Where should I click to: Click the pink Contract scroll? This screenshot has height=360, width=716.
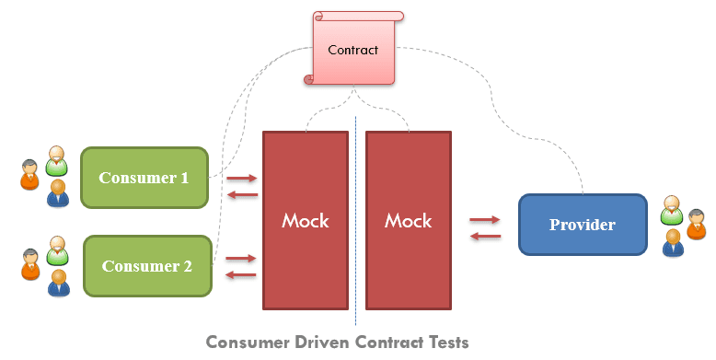coord(353,50)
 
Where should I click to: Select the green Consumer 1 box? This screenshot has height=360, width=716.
coord(144,178)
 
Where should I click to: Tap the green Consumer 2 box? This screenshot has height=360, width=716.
coord(147,266)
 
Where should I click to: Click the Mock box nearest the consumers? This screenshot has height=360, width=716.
coord(306,220)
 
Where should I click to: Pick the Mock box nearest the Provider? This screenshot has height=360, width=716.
coord(408,220)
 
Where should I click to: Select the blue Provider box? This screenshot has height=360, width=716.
coord(582,225)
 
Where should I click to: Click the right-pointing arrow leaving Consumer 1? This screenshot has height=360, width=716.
coord(241,178)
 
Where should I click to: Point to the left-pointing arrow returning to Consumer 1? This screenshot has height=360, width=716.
coord(241,194)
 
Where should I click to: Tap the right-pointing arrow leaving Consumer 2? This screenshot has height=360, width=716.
coord(241,259)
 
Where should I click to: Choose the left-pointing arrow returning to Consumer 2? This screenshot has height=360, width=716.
coord(241,274)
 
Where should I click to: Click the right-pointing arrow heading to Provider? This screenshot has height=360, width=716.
coord(485,220)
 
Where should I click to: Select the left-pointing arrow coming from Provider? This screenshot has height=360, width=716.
coord(485,237)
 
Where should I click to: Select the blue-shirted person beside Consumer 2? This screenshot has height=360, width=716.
coord(60,282)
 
